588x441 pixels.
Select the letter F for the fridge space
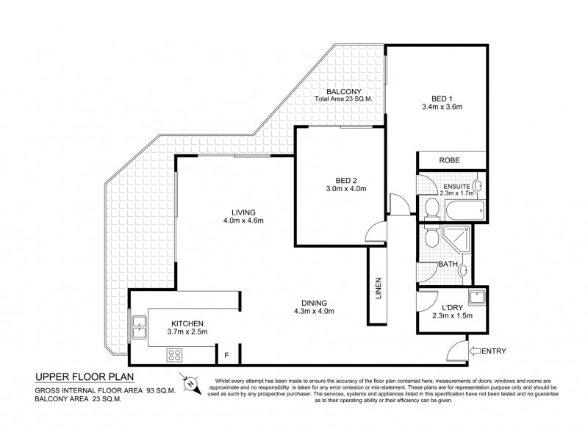point(228,355)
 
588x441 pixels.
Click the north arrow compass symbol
point(190,382)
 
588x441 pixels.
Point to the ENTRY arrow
point(478,350)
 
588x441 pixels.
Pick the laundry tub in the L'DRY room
point(476,297)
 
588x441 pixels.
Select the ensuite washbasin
point(477,186)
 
